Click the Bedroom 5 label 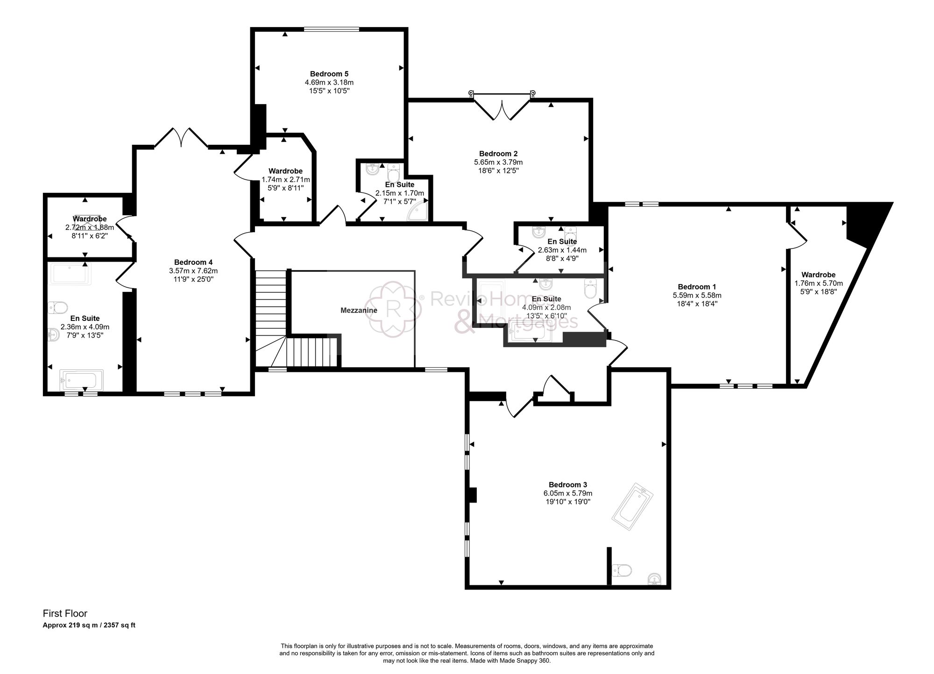(x=329, y=74)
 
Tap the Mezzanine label (x=359, y=310)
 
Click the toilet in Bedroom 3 (x=622, y=570)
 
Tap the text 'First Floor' (x=65, y=614)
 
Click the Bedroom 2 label (x=498, y=154)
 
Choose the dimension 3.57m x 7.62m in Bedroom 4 (x=193, y=271)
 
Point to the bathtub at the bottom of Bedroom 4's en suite (x=82, y=380)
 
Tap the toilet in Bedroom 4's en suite (x=58, y=307)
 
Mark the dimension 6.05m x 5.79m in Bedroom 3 (x=568, y=493)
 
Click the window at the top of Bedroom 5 (x=331, y=29)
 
